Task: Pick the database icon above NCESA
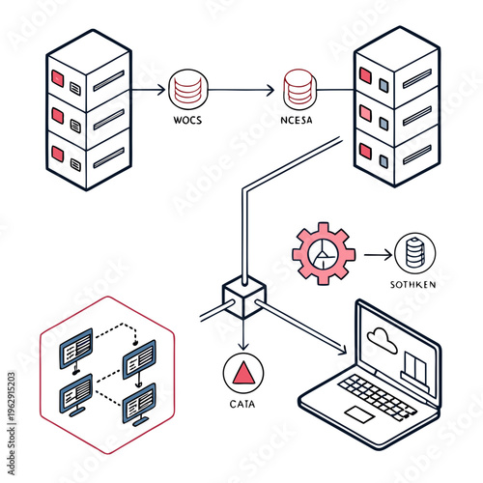[296, 90]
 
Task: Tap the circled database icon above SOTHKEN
[414, 254]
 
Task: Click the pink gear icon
[324, 254]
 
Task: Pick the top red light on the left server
[57, 76]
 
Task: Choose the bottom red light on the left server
[57, 154]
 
